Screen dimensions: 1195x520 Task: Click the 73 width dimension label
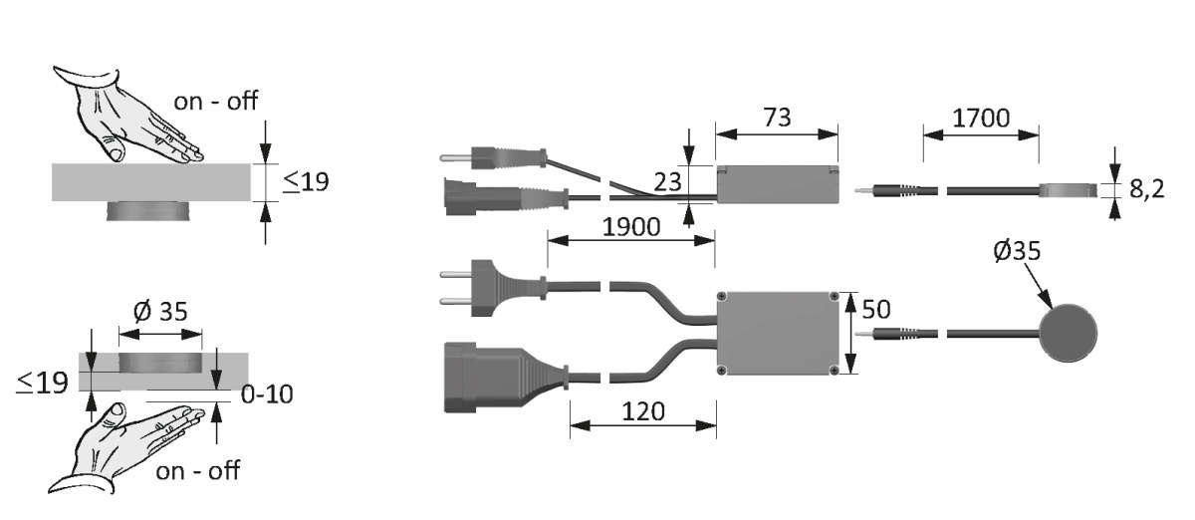pyautogui.click(x=777, y=118)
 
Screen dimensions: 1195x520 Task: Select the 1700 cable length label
pyautogui.click(x=981, y=118)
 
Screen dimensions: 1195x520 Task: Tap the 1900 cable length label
pyautogui.click(x=631, y=227)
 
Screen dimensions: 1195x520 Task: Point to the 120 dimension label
pyautogui.click(x=643, y=411)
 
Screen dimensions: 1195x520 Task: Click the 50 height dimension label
pyautogui.click(x=876, y=309)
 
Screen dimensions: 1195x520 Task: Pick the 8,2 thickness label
pyautogui.click(x=1146, y=189)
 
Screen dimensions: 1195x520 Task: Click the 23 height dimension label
pyautogui.click(x=667, y=182)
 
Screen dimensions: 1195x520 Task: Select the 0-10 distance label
pyautogui.click(x=267, y=394)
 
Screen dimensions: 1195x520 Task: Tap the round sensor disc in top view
pyautogui.click(x=1069, y=333)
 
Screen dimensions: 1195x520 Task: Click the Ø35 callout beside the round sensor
pyautogui.click(x=1017, y=250)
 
